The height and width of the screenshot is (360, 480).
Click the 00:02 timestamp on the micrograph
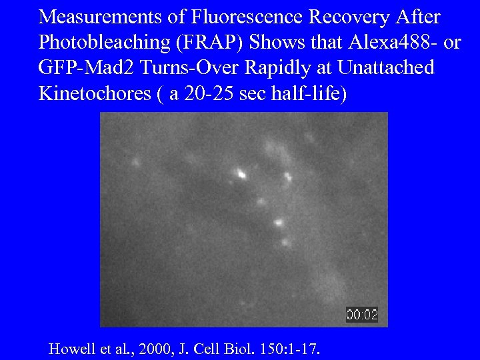(362, 315)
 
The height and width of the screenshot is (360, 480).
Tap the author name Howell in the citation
(70, 348)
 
